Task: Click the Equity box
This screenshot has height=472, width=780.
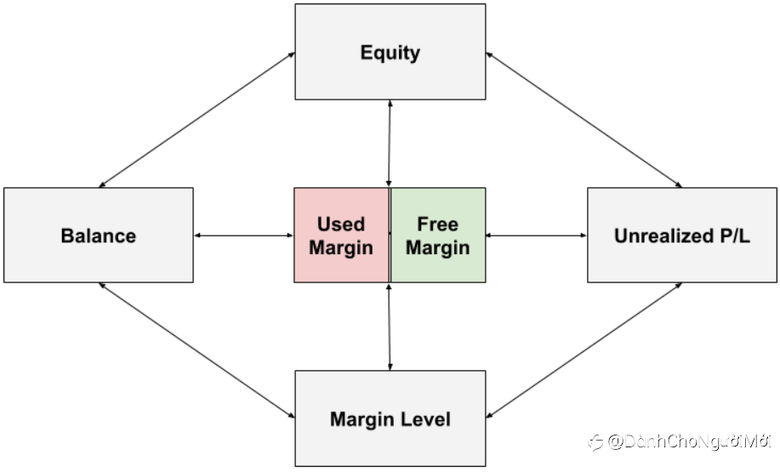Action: [390, 52]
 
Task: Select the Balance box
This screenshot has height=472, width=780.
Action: [99, 236]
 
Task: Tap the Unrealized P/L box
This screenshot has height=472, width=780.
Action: [682, 236]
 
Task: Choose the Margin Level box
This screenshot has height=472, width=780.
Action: [390, 418]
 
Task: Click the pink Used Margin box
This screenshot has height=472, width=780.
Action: [342, 236]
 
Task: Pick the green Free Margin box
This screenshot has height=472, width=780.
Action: [438, 236]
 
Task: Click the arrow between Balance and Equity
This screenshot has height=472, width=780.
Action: [197, 120]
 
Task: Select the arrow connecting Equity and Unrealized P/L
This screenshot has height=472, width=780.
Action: [584, 120]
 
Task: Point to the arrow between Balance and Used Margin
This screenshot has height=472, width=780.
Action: [244, 236]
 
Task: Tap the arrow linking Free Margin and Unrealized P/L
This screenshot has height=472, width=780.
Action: [537, 236]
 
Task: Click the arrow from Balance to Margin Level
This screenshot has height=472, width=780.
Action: [197, 350]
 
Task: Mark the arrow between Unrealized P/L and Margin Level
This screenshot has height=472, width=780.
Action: [584, 350]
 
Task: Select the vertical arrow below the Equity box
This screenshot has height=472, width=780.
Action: [390, 144]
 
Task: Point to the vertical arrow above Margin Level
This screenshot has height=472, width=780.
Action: [390, 327]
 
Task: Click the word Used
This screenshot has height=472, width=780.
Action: [341, 224]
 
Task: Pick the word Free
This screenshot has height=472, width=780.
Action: [438, 224]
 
